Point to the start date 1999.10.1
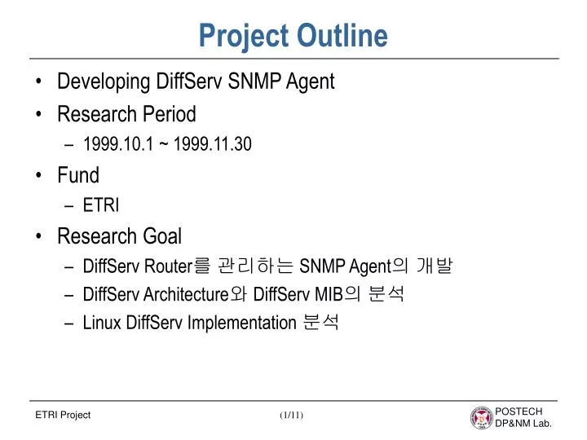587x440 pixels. (111, 145)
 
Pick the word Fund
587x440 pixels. (78, 175)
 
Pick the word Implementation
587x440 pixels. (241, 323)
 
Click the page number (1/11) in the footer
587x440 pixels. (291, 416)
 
